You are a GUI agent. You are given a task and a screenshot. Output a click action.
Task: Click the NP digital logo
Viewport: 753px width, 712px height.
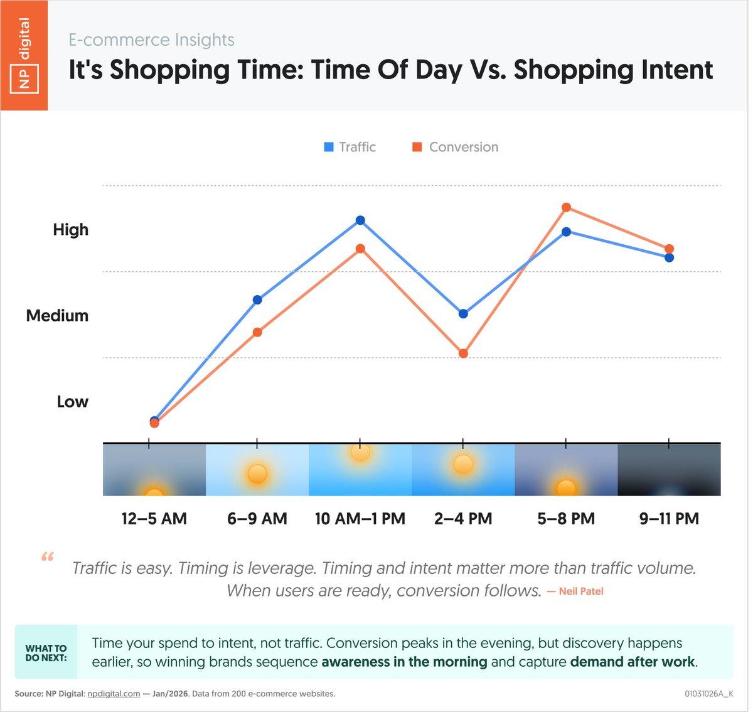[24, 55]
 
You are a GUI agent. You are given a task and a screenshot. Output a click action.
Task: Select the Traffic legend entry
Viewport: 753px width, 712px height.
[350, 147]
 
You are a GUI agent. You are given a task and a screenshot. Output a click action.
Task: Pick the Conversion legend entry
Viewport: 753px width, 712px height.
[455, 147]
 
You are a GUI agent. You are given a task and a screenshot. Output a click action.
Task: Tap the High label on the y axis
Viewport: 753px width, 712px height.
[70, 230]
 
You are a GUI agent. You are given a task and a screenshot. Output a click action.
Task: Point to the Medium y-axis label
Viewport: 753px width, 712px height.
[57, 316]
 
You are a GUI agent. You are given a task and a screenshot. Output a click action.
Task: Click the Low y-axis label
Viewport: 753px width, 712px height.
[72, 402]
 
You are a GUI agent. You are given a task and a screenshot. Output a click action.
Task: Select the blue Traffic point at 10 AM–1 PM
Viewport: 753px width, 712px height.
[360, 220]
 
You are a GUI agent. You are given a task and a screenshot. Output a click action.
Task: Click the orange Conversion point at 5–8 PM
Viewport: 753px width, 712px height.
[566, 207]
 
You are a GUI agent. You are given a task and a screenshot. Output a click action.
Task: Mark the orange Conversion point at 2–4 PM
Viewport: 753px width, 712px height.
[463, 353]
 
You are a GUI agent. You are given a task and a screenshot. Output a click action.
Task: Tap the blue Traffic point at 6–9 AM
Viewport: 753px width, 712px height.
[257, 299]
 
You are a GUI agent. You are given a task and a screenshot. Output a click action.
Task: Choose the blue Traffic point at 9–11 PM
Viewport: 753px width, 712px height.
[669, 257]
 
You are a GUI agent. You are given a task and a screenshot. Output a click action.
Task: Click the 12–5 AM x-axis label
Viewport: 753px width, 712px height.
[154, 519]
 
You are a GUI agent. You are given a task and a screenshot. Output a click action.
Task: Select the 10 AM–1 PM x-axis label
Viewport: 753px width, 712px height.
[360, 519]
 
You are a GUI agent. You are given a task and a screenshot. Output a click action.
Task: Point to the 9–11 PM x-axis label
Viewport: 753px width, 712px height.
[669, 519]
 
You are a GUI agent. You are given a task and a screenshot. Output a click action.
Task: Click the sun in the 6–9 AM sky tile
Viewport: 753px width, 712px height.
[257, 473]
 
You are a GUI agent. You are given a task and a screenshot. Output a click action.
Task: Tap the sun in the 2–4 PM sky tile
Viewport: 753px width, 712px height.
[463, 465]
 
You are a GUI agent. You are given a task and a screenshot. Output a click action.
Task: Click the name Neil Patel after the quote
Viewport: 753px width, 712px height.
[580, 591]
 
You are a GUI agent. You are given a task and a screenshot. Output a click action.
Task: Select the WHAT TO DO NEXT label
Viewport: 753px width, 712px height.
[46, 653]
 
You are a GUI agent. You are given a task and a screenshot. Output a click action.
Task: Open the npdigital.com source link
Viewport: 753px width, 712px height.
[114, 694]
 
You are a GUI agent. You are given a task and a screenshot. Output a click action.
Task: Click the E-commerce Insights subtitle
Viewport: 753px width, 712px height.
[151, 40]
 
